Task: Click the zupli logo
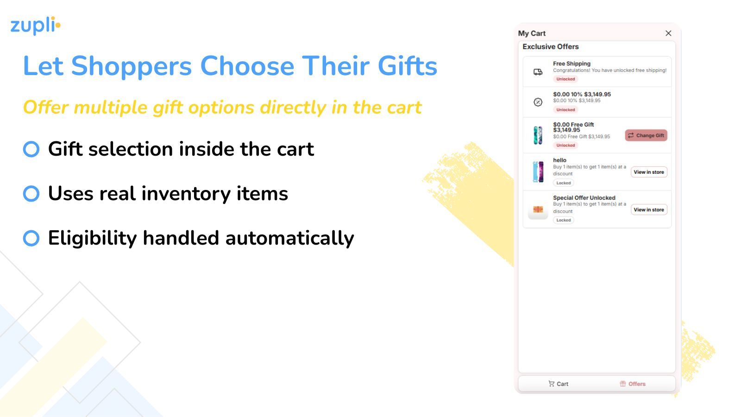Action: [x=35, y=25]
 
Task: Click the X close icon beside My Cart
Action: [x=668, y=33]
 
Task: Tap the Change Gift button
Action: [x=646, y=135]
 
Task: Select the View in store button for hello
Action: [x=649, y=172]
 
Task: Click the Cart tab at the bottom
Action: [x=559, y=384]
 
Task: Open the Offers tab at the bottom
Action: [x=633, y=384]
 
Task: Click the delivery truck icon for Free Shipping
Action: [x=538, y=72]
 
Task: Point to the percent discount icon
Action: [x=538, y=102]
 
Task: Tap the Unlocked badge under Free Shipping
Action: [x=565, y=79]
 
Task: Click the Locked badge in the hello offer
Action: [x=563, y=183]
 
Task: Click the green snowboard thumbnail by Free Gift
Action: [x=538, y=135]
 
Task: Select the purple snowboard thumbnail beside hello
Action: [x=538, y=172]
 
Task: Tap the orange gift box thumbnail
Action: [x=538, y=209]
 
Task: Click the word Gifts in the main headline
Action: [x=407, y=66]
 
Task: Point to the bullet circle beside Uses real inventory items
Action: [x=31, y=194]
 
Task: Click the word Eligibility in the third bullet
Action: [x=92, y=238]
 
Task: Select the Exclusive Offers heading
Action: [x=551, y=47]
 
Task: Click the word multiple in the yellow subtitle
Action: [x=111, y=107]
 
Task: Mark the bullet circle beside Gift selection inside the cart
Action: [x=31, y=149]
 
